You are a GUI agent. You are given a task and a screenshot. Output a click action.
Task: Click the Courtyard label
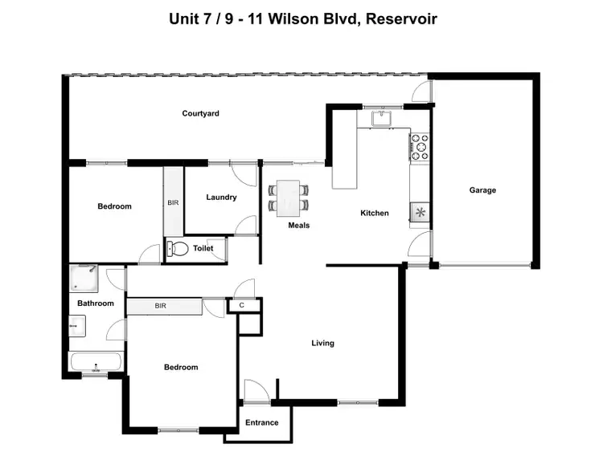[200, 114]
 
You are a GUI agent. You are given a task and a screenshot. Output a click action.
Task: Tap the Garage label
[482, 190]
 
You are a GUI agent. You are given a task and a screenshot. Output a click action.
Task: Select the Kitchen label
[374, 213]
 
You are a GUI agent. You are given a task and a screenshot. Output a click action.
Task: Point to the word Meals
[299, 226]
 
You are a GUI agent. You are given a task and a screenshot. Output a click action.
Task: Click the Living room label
[322, 344]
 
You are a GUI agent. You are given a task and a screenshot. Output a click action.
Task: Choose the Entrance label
[261, 422]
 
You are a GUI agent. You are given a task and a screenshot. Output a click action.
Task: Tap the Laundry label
[220, 197]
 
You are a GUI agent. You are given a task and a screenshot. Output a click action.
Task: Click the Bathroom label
[96, 303]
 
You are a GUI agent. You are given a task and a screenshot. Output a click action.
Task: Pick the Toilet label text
[203, 249]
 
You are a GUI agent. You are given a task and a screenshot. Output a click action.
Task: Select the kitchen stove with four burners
[420, 147]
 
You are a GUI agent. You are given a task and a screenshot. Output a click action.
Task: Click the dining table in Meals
[288, 197]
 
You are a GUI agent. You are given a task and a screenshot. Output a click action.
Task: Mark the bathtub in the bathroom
[96, 362]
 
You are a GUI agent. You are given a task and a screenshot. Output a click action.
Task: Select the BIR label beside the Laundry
[173, 203]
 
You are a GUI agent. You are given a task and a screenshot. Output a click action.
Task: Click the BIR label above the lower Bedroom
[160, 306]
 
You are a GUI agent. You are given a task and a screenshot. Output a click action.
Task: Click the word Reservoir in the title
[401, 18]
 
